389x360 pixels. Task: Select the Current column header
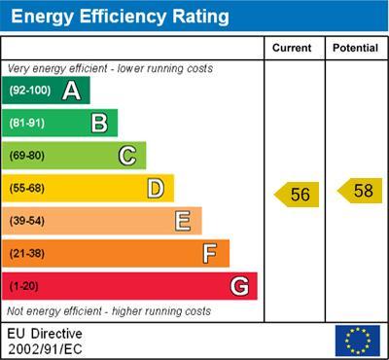pyautogui.click(x=292, y=48)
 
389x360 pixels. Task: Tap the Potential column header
pyautogui.click(x=355, y=48)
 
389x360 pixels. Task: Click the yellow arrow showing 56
pyautogui.click(x=296, y=195)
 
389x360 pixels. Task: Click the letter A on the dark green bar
pyautogui.click(x=71, y=91)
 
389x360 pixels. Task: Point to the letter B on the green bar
pyautogui.click(x=99, y=124)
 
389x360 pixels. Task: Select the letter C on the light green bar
pyautogui.click(x=127, y=156)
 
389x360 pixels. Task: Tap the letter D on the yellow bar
pyautogui.click(x=155, y=189)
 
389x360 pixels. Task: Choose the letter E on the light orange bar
pyautogui.click(x=182, y=221)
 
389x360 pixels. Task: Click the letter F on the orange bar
pyautogui.click(x=209, y=254)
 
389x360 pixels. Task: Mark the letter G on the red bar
pyautogui.click(x=238, y=286)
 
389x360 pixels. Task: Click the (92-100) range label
pyautogui.click(x=29, y=91)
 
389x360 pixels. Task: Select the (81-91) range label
pyautogui.click(x=27, y=124)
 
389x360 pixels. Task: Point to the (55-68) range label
pyautogui.click(x=27, y=189)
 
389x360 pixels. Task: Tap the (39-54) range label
pyautogui.click(x=27, y=221)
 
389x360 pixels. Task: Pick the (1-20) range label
pyautogui.click(x=24, y=286)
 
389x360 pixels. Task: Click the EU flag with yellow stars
pyautogui.click(x=357, y=341)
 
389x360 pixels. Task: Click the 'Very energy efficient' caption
pyautogui.click(x=110, y=69)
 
